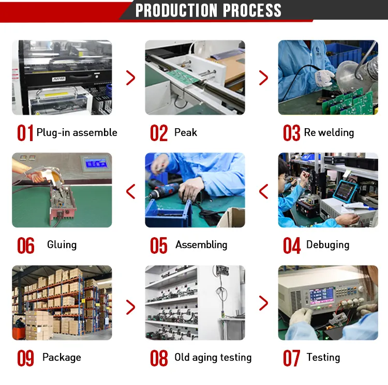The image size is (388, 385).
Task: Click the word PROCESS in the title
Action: (x=252, y=10)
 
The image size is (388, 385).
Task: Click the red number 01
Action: (x=25, y=133)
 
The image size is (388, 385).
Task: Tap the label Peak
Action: (x=186, y=132)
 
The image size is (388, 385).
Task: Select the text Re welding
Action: (x=329, y=132)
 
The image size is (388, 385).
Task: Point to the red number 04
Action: (x=292, y=245)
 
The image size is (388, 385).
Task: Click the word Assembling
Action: (x=201, y=245)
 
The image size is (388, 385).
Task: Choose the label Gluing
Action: (x=62, y=245)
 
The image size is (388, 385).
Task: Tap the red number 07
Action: (x=291, y=358)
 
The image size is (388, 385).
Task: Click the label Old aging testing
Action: (x=213, y=357)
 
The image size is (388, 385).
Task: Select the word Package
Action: (x=62, y=357)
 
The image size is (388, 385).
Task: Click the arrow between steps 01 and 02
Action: (x=131, y=78)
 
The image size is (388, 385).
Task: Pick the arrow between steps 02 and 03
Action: (x=263, y=78)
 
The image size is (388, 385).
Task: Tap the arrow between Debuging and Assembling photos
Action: (x=263, y=191)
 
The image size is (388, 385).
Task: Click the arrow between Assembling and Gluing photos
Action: (x=131, y=191)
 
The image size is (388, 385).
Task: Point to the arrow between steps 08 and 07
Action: (x=263, y=303)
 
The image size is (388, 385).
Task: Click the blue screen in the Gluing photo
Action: (x=96, y=163)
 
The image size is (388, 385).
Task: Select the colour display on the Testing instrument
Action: (x=321, y=295)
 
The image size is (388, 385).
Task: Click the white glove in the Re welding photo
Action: (x=325, y=78)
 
